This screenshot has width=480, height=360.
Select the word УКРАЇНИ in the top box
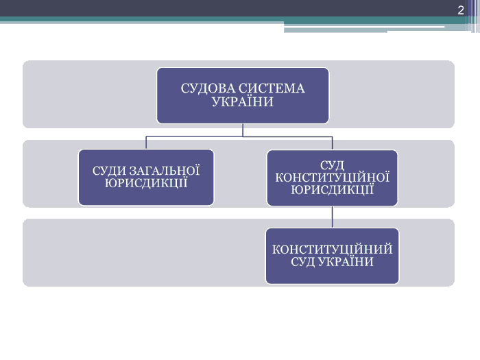(243, 102)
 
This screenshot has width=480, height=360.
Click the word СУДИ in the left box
(109, 171)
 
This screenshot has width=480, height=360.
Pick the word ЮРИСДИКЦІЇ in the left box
(146, 183)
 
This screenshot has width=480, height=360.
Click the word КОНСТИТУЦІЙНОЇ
(332, 178)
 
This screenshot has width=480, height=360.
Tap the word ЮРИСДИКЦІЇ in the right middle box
(332, 189)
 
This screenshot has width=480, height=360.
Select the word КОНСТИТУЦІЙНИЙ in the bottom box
(332, 250)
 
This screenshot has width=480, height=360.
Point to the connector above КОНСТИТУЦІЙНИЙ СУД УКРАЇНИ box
(333, 217)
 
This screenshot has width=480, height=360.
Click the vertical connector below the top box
(243, 130)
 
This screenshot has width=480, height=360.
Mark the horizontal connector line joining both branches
(206, 136)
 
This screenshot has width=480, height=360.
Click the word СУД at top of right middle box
(332, 165)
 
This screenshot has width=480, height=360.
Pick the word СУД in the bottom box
(304, 262)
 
